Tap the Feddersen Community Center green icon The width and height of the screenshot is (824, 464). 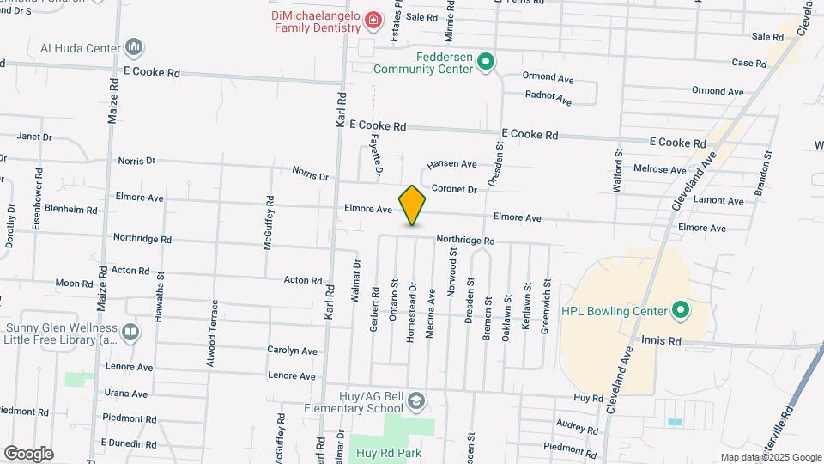pyautogui.click(x=485, y=61)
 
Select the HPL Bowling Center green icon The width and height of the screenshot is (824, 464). pyautogui.click(x=681, y=309)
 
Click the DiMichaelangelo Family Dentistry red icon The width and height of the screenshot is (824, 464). pyautogui.click(x=373, y=20)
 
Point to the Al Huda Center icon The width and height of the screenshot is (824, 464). pyautogui.click(x=133, y=46)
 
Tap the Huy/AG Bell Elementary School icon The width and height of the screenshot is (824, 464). pyautogui.click(x=415, y=401)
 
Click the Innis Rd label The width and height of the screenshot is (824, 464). pyautogui.click(x=661, y=341)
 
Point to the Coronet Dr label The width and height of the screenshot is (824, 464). pyautogui.click(x=454, y=189)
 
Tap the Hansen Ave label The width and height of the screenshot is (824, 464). pyautogui.click(x=451, y=163)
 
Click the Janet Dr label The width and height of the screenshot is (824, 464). pyautogui.click(x=34, y=137)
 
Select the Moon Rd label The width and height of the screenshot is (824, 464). pyautogui.click(x=73, y=283)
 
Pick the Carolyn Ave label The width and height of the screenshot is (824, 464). pyautogui.click(x=292, y=351)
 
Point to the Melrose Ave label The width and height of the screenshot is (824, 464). pyautogui.click(x=659, y=170)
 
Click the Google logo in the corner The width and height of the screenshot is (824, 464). pyautogui.click(x=28, y=453)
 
